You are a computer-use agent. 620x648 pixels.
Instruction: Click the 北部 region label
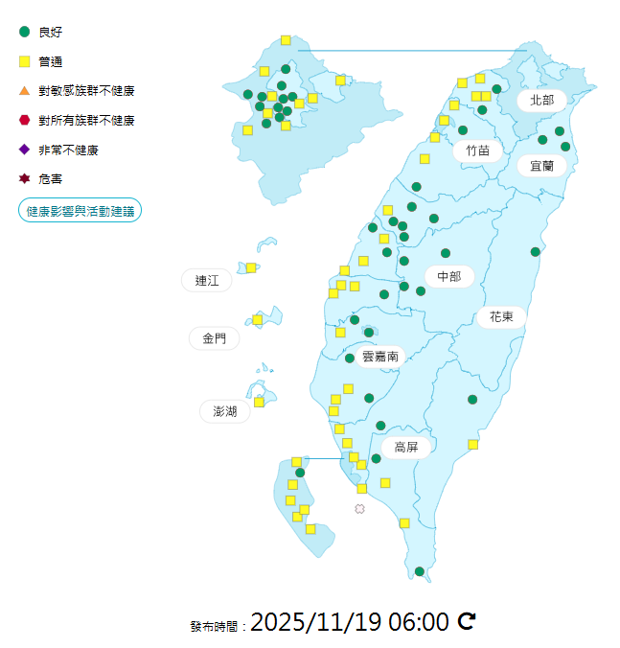(x=541, y=100)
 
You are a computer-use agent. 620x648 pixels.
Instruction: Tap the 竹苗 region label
(x=478, y=150)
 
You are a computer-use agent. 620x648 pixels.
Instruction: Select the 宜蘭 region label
(x=541, y=165)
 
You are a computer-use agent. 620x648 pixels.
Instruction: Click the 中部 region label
(x=448, y=277)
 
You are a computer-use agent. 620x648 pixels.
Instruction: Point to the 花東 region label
(x=501, y=316)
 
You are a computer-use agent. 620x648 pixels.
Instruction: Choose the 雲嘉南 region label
(x=380, y=357)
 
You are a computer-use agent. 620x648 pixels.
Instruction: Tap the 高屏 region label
(x=406, y=447)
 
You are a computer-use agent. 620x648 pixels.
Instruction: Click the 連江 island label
(x=207, y=280)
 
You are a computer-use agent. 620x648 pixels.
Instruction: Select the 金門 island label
(x=215, y=338)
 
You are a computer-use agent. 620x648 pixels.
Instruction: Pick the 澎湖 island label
(x=225, y=412)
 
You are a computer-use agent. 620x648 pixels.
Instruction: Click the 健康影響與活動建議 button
(x=80, y=211)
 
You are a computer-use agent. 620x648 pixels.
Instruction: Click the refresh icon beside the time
(x=467, y=622)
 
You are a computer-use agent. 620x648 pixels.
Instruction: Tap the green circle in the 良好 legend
(x=25, y=32)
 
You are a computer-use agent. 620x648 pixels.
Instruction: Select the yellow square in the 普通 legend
(x=25, y=61)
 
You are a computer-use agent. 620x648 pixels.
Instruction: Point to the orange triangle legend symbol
(x=25, y=91)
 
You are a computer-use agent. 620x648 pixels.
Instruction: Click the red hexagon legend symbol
(x=25, y=120)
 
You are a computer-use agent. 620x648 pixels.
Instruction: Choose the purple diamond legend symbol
(x=25, y=150)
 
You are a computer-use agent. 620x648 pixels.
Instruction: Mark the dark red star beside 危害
(x=25, y=179)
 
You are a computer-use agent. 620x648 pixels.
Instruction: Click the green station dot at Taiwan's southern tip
(x=420, y=571)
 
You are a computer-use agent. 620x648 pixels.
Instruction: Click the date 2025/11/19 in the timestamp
(x=315, y=622)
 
